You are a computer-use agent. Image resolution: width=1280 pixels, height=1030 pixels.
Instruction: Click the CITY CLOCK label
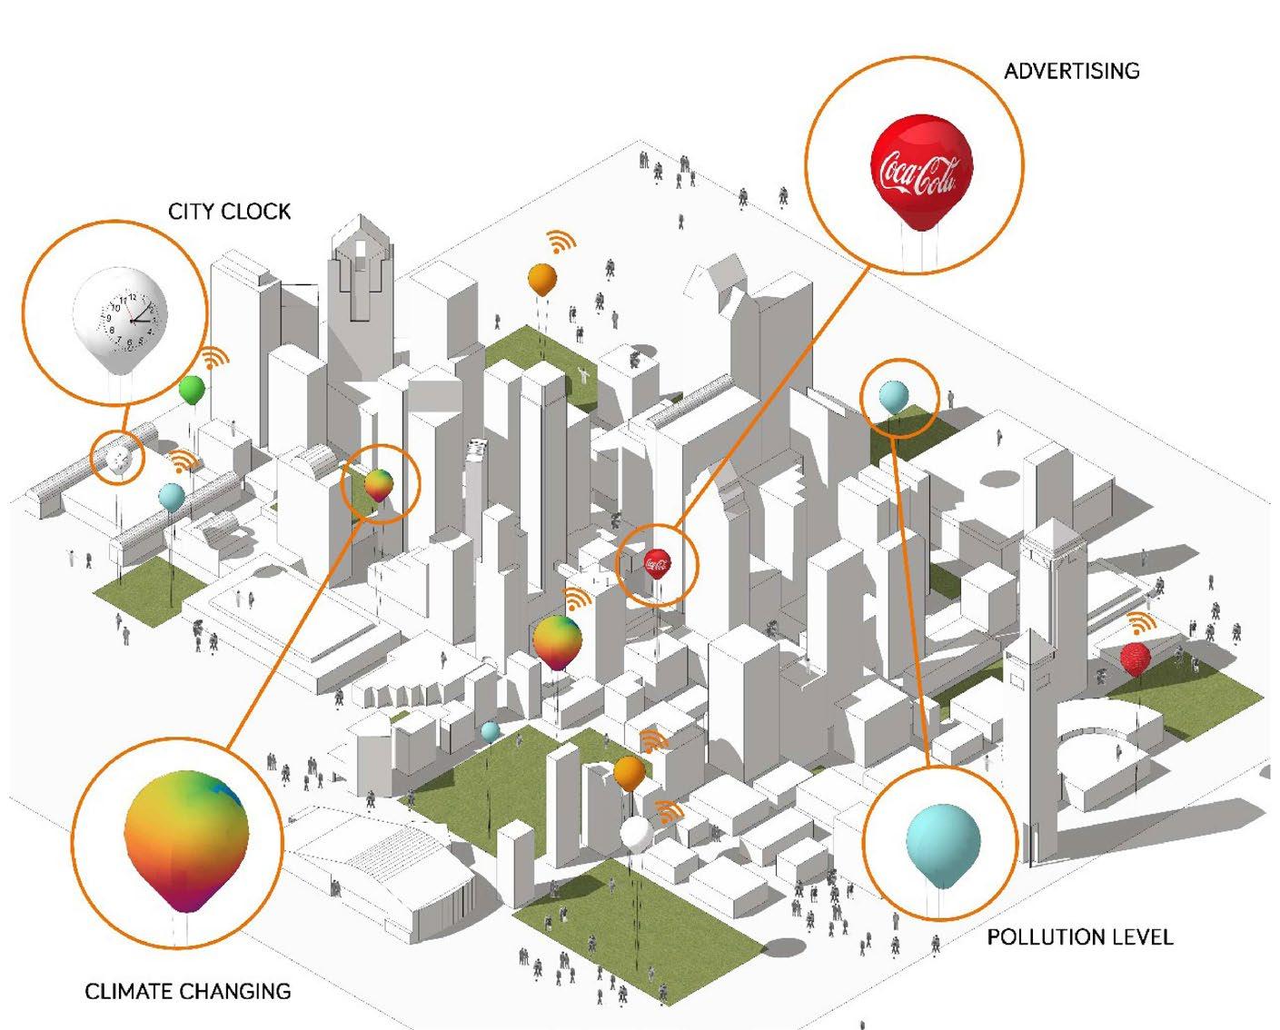(x=229, y=212)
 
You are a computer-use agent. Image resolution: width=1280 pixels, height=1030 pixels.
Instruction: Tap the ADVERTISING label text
(x=1071, y=71)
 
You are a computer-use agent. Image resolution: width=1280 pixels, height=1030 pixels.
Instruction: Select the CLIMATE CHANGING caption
(x=187, y=991)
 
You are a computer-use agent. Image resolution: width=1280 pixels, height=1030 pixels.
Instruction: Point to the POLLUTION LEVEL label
(x=1079, y=936)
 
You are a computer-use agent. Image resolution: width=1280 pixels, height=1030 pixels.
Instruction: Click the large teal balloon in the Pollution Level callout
(x=943, y=841)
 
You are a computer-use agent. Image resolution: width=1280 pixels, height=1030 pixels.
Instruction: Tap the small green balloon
(x=192, y=391)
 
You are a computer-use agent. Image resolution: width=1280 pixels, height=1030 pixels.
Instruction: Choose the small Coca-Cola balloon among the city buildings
(x=657, y=563)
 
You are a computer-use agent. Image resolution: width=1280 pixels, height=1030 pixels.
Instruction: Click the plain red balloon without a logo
(x=1135, y=658)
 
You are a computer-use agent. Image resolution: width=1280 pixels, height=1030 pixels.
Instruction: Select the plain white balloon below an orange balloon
(x=635, y=833)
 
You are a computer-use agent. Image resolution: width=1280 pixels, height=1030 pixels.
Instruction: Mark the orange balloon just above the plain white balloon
(x=629, y=773)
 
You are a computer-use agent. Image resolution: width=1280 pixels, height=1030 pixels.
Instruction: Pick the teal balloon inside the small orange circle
(x=894, y=395)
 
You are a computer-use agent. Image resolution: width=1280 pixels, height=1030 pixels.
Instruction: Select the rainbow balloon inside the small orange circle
(x=380, y=484)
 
